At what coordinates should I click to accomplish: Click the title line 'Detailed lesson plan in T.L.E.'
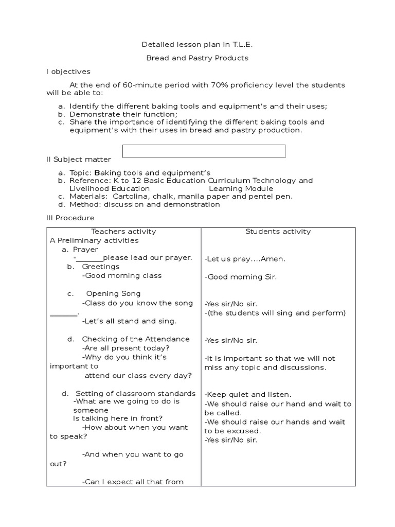(x=197, y=45)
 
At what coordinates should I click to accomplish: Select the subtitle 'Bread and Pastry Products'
(x=197, y=58)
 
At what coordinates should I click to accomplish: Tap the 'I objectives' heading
(x=68, y=72)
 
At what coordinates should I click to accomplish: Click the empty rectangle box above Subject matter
(x=204, y=151)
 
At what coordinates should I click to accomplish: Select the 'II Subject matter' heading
(x=78, y=160)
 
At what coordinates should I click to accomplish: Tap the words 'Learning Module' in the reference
(x=240, y=188)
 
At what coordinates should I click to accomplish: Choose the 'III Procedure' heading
(x=70, y=218)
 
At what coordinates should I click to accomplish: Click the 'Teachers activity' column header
(x=123, y=232)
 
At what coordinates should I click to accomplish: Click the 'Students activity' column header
(x=278, y=232)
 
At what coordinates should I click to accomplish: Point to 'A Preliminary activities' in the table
(x=94, y=240)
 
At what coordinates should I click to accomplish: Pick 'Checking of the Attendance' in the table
(x=135, y=339)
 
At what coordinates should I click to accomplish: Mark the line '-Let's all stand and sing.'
(x=129, y=321)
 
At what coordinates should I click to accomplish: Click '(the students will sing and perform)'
(x=275, y=312)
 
